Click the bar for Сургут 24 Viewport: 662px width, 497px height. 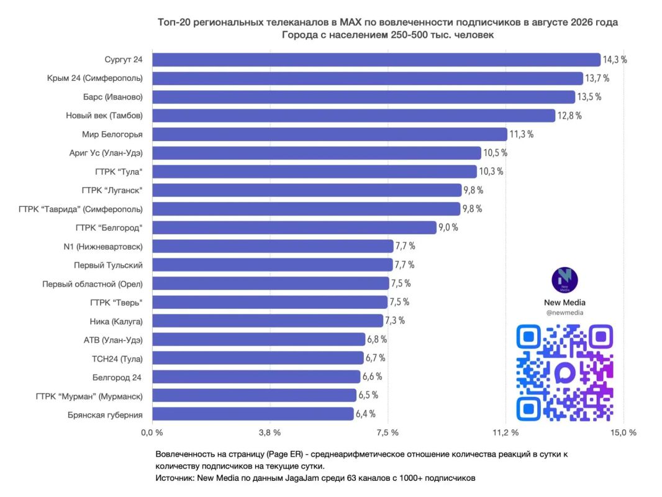click(x=376, y=60)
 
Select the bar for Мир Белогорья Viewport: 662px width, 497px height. click(x=330, y=134)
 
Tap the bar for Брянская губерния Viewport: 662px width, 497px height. click(x=253, y=414)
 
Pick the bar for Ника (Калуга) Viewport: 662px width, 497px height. click(x=268, y=321)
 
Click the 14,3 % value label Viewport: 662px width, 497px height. click(x=615, y=60)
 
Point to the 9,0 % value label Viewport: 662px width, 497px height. click(x=448, y=227)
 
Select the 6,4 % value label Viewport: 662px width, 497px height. click(x=366, y=414)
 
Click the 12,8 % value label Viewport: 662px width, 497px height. click(x=569, y=116)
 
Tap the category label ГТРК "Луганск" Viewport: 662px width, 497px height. click(x=112, y=191)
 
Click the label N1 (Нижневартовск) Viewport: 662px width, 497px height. click(x=103, y=247)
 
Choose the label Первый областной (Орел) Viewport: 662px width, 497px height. click(x=93, y=284)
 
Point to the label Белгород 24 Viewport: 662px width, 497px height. click(x=117, y=378)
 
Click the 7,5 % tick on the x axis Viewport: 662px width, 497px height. click(x=388, y=432)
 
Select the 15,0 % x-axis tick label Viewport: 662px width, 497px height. click(x=623, y=432)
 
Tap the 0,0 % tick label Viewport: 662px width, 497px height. click(x=152, y=432)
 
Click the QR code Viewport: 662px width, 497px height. click(x=565, y=373)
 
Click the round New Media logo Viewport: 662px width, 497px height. click(x=565, y=280)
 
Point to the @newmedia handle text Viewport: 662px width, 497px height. click(x=565, y=313)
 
